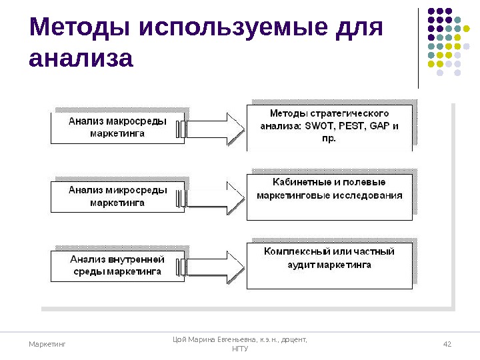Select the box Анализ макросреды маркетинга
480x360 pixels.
tap(117, 127)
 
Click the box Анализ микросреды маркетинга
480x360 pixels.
tap(117, 196)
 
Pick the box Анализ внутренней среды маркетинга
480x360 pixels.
tap(117, 265)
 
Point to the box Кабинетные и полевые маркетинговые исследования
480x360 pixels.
tap(329, 197)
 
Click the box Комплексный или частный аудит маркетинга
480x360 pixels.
tap(329, 265)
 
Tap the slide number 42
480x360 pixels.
tap(447, 344)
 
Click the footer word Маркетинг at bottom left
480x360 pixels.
tap(48, 344)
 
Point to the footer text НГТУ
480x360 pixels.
tap(239, 349)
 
